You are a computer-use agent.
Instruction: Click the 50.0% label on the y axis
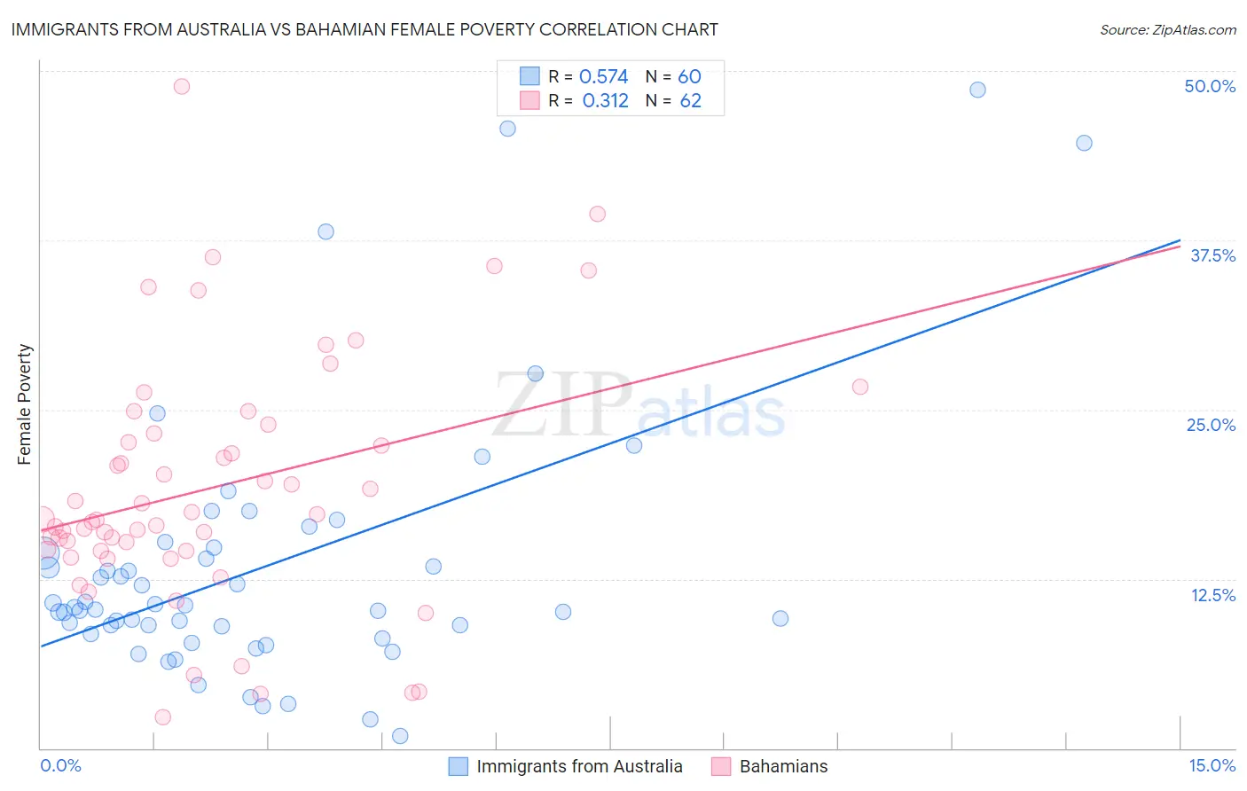pyautogui.click(x=1210, y=86)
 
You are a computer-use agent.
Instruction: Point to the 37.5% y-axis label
pyautogui.click(x=1212, y=255)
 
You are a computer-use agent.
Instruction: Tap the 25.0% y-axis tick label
pyautogui.click(x=1211, y=425)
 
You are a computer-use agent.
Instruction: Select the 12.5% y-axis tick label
pyautogui.click(x=1212, y=595)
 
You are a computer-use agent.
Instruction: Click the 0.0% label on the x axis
pyautogui.click(x=60, y=765)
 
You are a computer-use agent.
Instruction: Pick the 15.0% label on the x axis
pyautogui.click(x=1212, y=765)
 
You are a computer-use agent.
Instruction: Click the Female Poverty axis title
pyautogui.click(x=24, y=404)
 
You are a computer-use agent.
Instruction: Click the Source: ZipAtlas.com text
pyautogui.click(x=1167, y=29)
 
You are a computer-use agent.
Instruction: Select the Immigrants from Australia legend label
pyautogui.click(x=579, y=766)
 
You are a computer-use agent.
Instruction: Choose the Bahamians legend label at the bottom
pyautogui.click(x=783, y=766)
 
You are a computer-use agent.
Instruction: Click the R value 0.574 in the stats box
pyautogui.click(x=603, y=76)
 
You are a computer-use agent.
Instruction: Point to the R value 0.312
pyautogui.click(x=605, y=100)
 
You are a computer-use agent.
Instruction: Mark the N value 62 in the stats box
pyautogui.click(x=690, y=100)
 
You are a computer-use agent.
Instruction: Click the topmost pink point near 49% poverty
pyautogui.click(x=182, y=86)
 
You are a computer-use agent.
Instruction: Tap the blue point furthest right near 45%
pyautogui.click(x=1084, y=143)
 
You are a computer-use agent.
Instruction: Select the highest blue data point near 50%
pyautogui.click(x=977, y=90)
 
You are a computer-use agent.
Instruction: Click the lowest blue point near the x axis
pyautogui.click(x=400, y=736)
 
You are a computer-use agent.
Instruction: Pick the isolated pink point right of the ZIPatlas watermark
pyautogui.click(x=859, y=387)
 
